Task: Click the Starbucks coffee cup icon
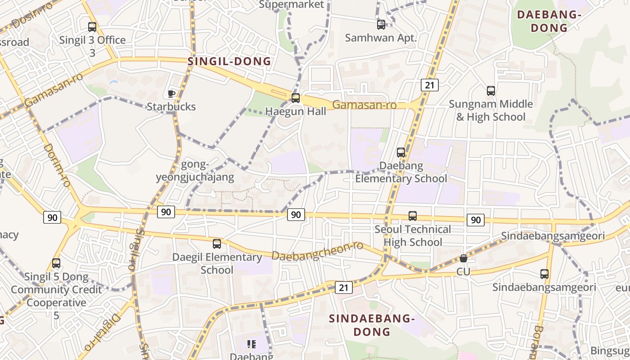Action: point(171,94)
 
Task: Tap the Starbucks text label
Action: point(171,107)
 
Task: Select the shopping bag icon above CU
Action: point(463,258)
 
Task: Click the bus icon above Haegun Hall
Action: point(296,98)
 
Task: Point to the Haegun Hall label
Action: point(296,111)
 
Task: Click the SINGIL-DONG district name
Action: point(229,62)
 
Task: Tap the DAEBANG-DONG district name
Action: point(549,21)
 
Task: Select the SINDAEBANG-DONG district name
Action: point(372,325)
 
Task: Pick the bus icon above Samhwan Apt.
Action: point(381,24)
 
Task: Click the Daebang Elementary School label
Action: point(401,172)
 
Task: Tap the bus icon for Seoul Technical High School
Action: point(413,216)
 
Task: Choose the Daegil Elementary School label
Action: point(217,264)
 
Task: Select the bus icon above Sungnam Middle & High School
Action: point(491,91)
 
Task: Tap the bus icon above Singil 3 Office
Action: point(92,27)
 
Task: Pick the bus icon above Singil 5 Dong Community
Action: point(56,263)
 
